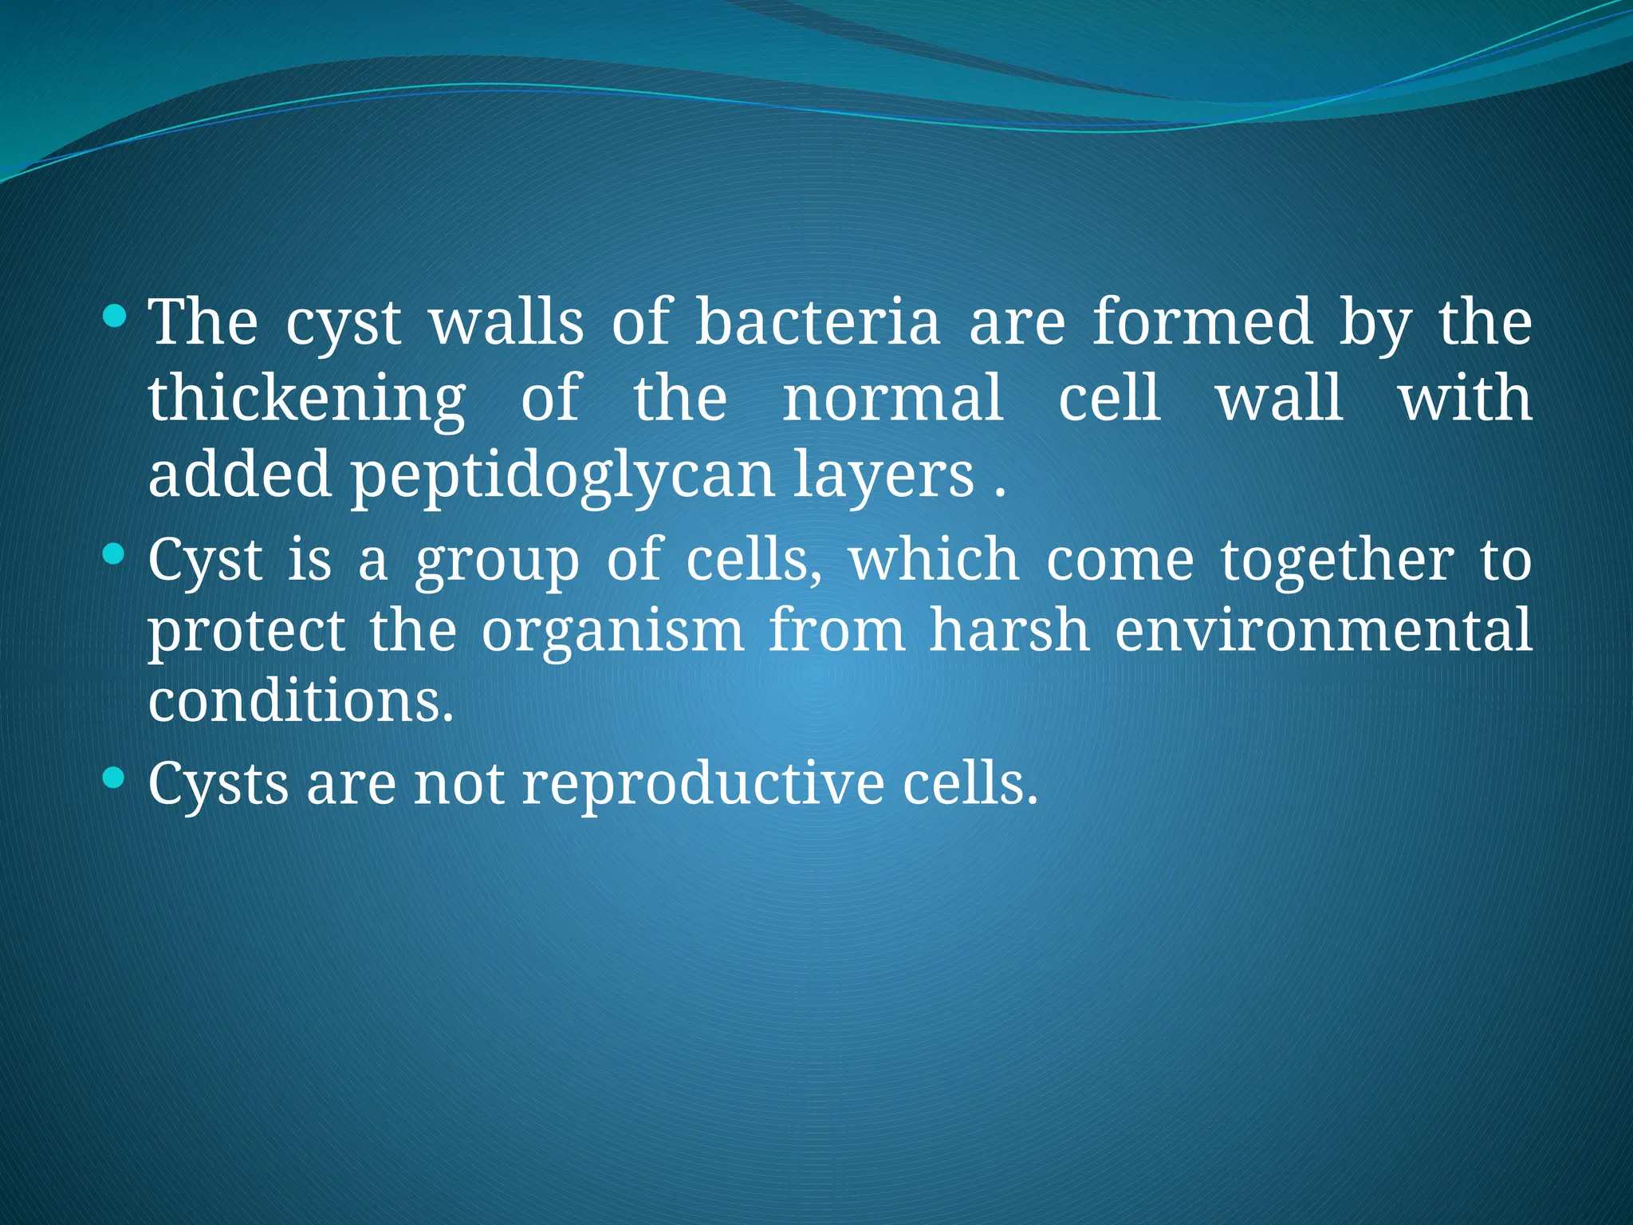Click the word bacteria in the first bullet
tap(817, 322)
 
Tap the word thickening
tap(307, 399)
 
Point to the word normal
tap(892, 399)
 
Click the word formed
tap(1202, 322)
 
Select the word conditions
tap(301, 701)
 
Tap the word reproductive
tap(702, 785)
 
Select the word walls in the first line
tap(507, 322)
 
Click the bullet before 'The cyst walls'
tap(115, 317)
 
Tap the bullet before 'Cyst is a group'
tap(115, 553)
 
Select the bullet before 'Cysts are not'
tap(115, 777)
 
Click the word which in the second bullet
tap(934, 560)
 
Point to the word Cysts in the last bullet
tap(218, 785)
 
